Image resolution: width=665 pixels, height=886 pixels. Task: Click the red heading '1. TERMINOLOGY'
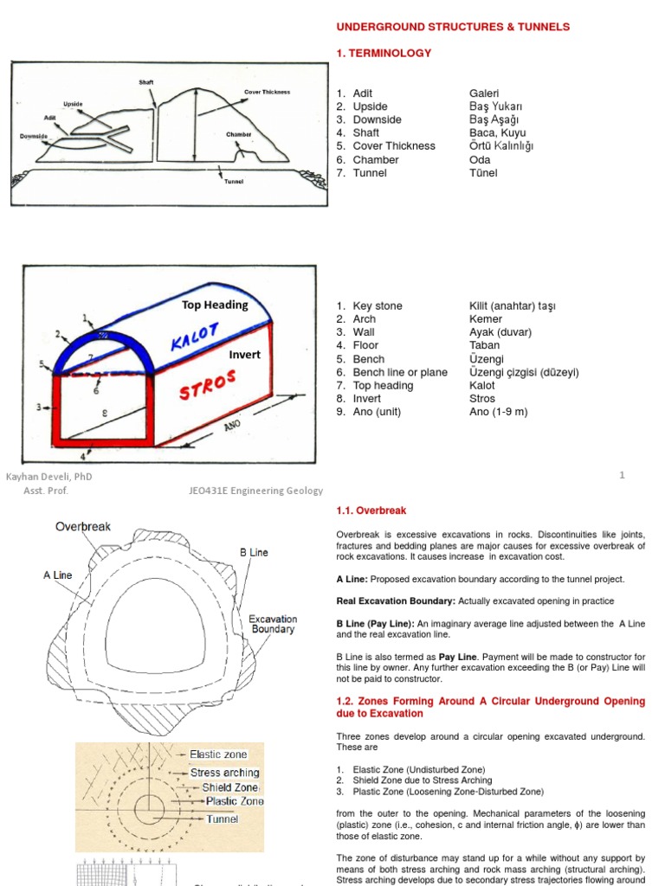point(384,53)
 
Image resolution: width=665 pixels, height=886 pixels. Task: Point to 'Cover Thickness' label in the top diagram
point(267,92)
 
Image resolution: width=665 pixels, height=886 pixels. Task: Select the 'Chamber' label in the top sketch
point(239,135)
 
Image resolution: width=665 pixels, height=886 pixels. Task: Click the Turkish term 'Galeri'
point(484,93)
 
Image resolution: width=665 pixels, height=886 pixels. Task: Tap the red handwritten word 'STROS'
point(208,388)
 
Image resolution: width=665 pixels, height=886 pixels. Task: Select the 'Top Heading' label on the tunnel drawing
point(215,305)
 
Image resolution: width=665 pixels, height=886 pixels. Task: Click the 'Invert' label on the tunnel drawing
point(244,355)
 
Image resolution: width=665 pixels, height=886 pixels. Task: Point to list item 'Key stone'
point(378,306)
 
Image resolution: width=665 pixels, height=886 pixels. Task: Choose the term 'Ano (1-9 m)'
point(498,412)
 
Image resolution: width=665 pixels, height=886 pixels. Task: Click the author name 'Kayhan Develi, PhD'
point(49,476)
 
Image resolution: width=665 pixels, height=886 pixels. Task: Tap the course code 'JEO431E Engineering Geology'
point(255,491)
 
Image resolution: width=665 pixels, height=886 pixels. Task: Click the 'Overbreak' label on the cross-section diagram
point(83,526)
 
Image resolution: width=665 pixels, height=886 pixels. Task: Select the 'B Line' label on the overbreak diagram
point(254,552)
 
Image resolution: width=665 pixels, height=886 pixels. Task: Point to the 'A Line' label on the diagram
point(57,575)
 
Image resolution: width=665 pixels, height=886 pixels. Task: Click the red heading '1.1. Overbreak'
point(371,510)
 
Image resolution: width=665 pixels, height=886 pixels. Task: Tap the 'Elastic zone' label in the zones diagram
point(218,754)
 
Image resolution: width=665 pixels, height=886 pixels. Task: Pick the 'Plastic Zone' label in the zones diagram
point(234,801)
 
